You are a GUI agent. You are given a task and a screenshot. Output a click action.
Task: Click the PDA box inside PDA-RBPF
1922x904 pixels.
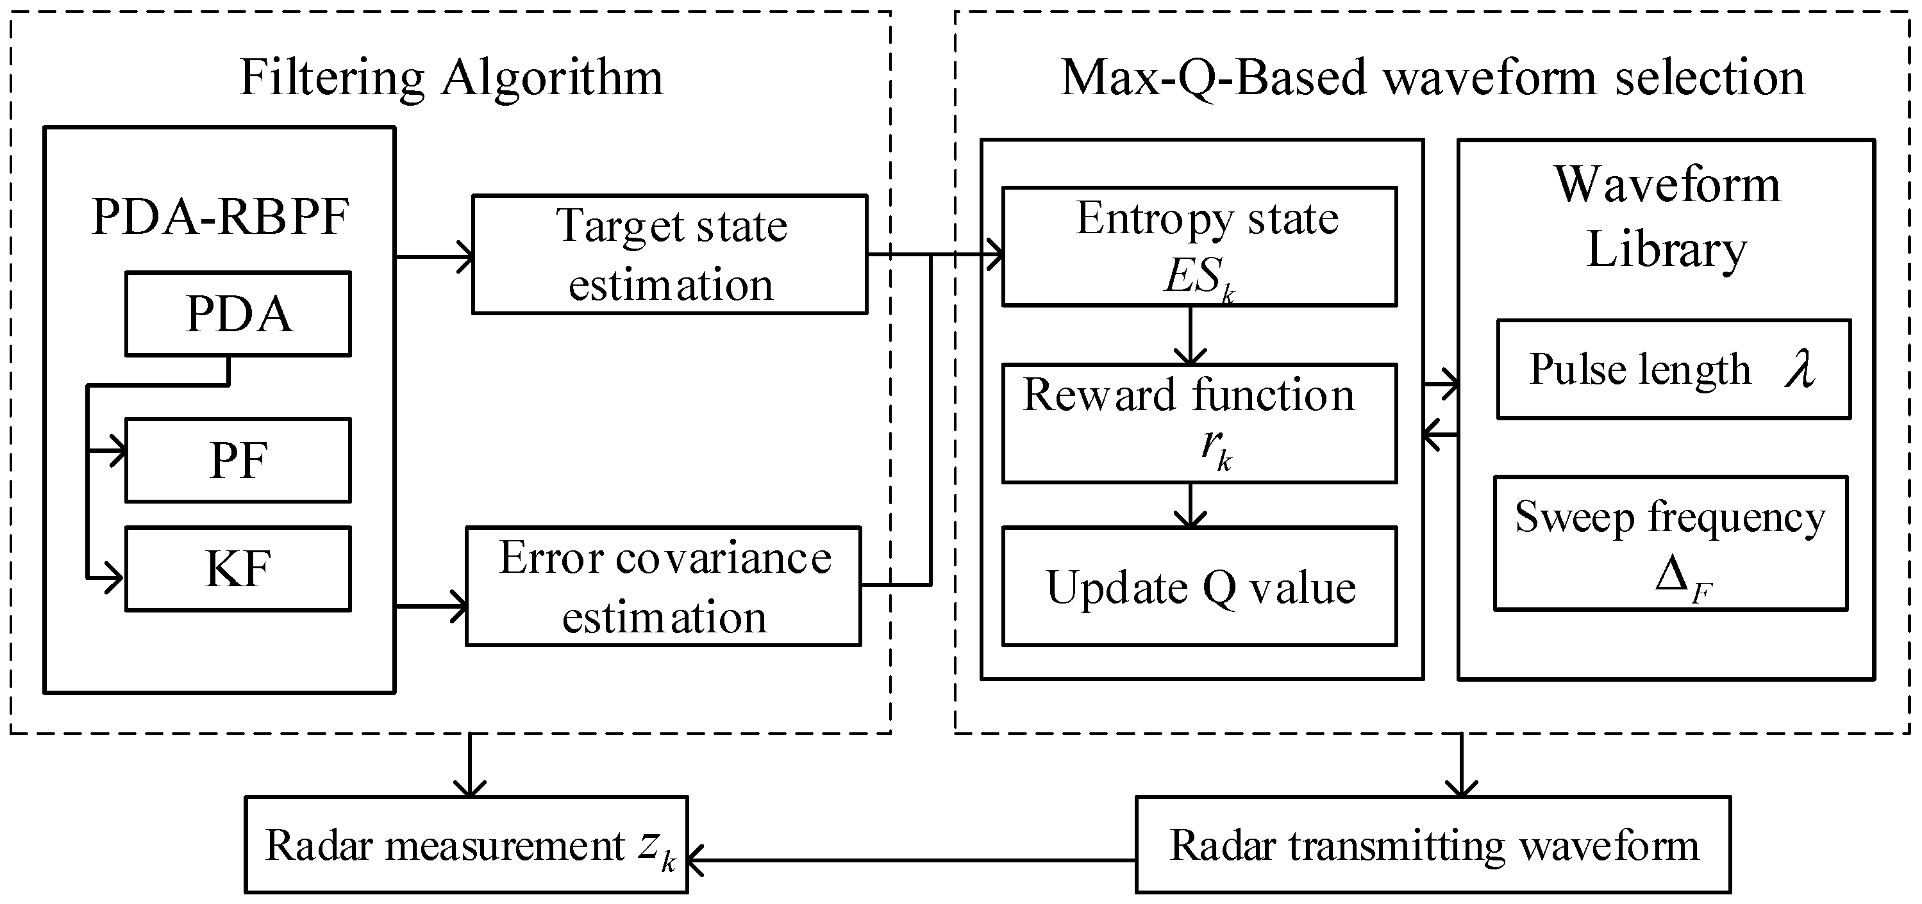[238, 314]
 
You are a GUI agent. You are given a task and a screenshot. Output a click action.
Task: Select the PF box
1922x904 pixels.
[238, 460]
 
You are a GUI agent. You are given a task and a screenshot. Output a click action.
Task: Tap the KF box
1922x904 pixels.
[238, 569]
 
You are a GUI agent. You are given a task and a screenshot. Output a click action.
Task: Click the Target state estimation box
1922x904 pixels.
[669, 254]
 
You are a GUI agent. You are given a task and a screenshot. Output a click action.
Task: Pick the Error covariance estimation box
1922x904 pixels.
[664, 586]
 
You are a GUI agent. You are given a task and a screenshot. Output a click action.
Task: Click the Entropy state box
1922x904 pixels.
[1199, 246]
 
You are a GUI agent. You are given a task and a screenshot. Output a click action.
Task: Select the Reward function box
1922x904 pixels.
[1199, 423]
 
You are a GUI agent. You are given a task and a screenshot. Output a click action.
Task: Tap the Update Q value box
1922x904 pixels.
[1199, 586]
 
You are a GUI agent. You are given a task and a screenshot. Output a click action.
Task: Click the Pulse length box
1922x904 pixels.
[1673, 370]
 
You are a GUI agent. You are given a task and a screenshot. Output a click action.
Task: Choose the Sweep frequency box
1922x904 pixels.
[1670, 543]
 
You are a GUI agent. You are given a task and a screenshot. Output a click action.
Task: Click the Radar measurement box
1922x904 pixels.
[466, 845]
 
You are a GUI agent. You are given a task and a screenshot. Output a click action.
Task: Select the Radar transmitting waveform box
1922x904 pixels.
[1433, 845]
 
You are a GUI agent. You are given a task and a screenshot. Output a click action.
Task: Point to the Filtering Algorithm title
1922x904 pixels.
[451, 78]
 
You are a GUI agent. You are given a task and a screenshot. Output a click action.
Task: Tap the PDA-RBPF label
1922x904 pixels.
[220, 217]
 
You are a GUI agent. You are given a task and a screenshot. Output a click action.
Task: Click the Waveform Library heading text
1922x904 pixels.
[1667, 217]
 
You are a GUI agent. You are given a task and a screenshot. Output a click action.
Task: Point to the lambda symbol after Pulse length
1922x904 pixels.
[1800, 368]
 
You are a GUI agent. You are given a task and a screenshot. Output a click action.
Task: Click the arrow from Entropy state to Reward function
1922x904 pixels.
[1190, 336]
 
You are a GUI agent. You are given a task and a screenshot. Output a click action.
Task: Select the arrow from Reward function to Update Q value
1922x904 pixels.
[1190, 505]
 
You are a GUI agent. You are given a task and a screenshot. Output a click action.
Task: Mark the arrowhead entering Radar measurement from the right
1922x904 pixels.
[696, 860]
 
